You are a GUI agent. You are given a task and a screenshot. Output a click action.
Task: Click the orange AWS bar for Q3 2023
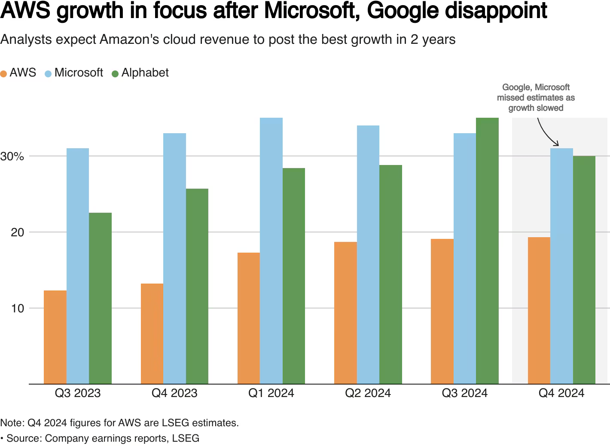click(55, 337)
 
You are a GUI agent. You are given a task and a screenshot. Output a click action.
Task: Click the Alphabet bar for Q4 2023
click(197, 286)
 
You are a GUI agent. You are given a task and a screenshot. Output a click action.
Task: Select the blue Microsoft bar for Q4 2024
click(561, 266)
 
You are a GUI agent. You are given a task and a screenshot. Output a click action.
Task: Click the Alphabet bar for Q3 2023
click(100, 298)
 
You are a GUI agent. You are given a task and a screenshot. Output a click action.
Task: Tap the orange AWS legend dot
click(4, 73)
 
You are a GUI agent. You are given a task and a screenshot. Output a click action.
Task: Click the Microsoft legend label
click(79, 73)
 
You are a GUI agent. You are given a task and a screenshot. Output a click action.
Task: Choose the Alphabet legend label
click(145, 73)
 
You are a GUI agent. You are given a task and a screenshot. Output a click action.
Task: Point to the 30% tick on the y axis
click(12, 156)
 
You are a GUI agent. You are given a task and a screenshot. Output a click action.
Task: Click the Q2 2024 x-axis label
click(368, 393)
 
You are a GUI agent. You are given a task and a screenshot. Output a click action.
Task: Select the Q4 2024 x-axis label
click(561, 393)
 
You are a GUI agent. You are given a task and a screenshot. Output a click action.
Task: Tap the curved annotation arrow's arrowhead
click(557, 144)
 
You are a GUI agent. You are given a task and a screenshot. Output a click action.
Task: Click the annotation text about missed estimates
click(536, 98)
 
